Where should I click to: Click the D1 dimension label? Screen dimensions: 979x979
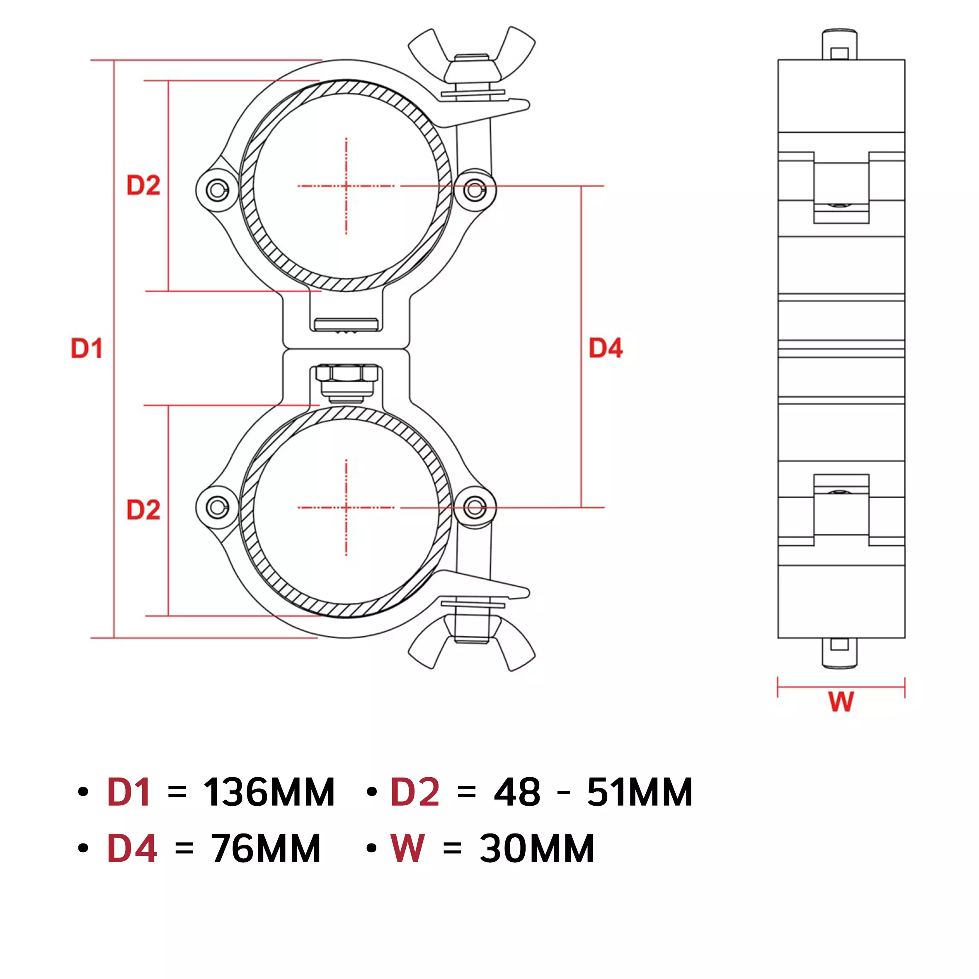pyautogui.click(x=87, y=349)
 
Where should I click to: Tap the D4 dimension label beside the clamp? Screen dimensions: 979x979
pyautogui.click(x=606, y=349)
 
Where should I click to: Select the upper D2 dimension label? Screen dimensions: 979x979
pyautogui.click(x=143, y=185)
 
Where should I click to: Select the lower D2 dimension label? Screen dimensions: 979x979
pyautogui.click(x=143, y=510)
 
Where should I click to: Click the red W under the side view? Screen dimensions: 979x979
pyautogui.click(x=841, y=702)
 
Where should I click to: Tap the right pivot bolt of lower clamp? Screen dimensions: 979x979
pyautogui.click(x=475, y=507)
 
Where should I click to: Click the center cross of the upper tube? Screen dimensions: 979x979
pyautogui.click(x=346, y=186)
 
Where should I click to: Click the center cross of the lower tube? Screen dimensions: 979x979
pyautogui.click(x=346, y=507)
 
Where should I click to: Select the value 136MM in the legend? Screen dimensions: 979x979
pyautogui.click(x=269, y=792)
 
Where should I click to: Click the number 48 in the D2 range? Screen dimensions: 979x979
pyautogui.click(x=517, y=792)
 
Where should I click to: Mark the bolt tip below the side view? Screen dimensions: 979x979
pyautogui.click(x=840, y=653)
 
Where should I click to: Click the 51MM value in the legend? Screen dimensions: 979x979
pyautogui.click(x=640, y=792)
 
